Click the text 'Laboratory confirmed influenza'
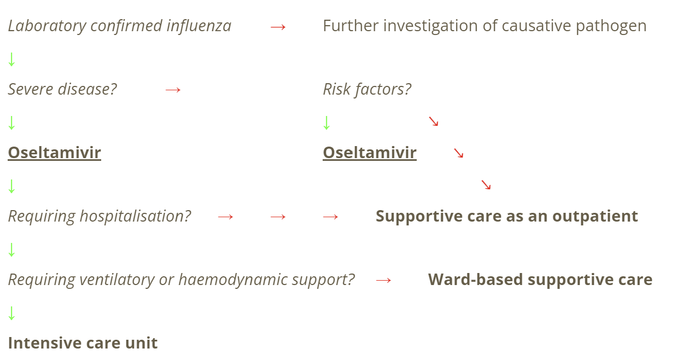[x=119, y=26]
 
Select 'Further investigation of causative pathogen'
[x=485, y=26]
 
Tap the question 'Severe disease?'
[x=62, y=89]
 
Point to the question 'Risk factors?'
[x=367, y=89]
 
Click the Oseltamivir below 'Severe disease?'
[x=54, y=153]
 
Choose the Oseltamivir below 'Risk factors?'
[x=370, y=153]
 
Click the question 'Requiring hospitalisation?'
[x=100, y=216]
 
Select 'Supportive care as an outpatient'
[x=506, y=216]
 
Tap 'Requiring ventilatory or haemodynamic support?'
[x=181, y=280]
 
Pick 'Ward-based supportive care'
[x=540, y=280]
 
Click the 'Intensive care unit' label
[x=83, y=343]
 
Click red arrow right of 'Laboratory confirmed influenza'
[x=278, y=27]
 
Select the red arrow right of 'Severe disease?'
[x=173, y=90]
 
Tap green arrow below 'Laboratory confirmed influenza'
[x=11, y=59]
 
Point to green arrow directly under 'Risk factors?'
[x=326, y=123]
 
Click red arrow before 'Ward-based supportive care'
[x=384, y=281]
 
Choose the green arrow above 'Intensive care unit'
[x=11, y=313]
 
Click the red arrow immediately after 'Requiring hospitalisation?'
[x=226, y=217]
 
